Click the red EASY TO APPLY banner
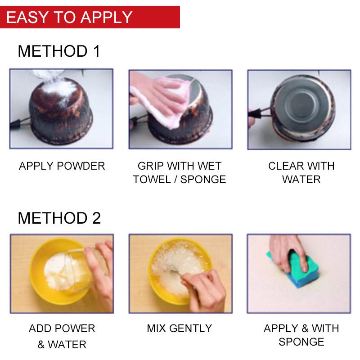click(x=90, y=17)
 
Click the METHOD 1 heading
click(x=58, y=51)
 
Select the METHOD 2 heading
click(x=59, y=218)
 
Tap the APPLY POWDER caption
click(x=62, y=166)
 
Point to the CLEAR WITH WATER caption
click(x=301, y=172)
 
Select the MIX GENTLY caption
click(x=179, y=328)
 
